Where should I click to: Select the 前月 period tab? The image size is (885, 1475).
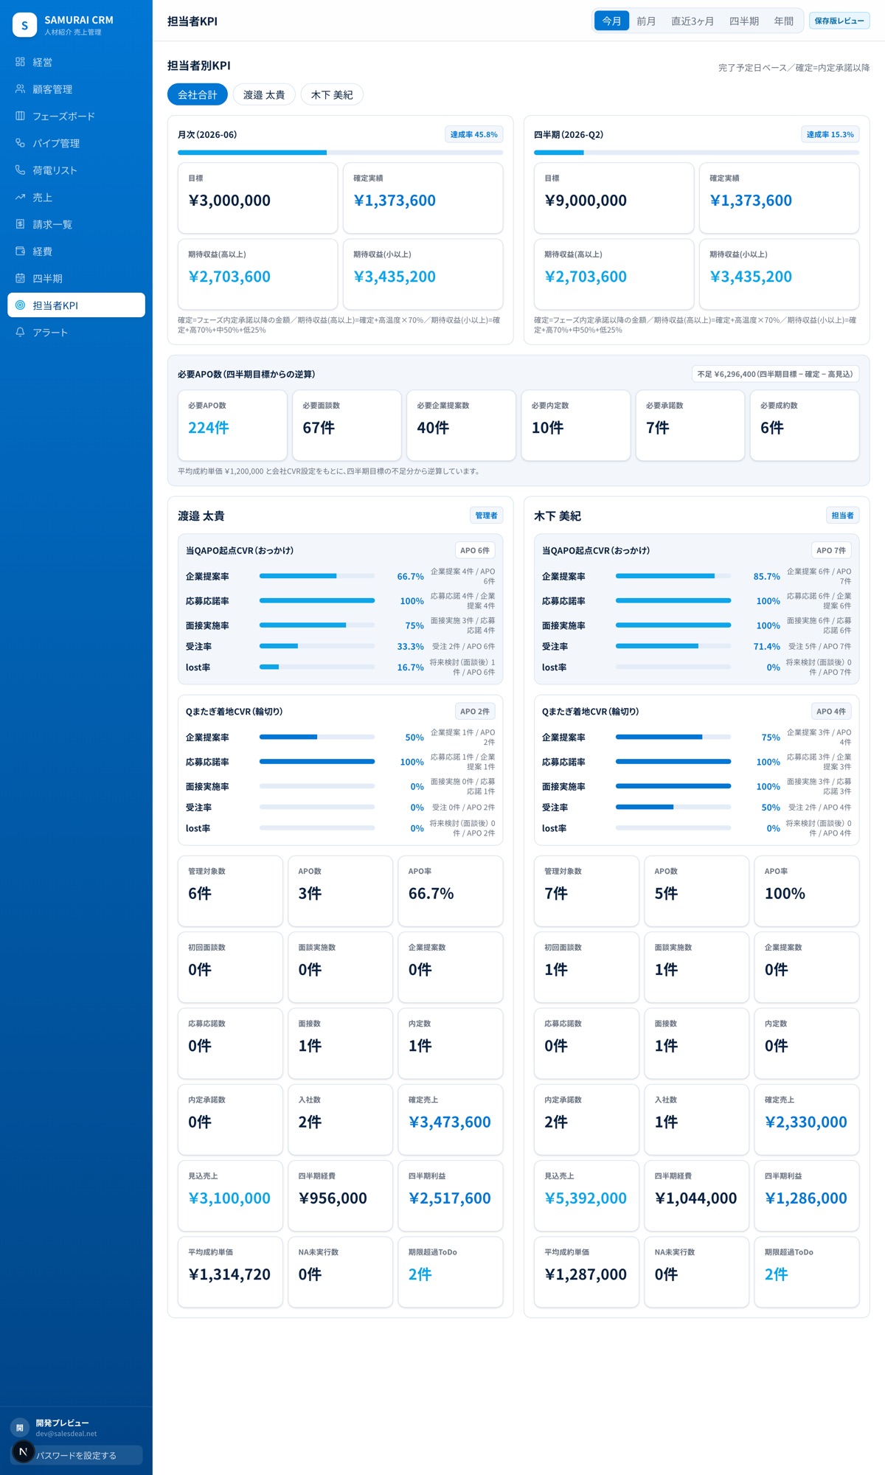646,21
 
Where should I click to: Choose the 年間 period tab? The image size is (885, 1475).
783,21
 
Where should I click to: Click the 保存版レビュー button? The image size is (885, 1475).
839,21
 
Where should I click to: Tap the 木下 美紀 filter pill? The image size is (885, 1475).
332,94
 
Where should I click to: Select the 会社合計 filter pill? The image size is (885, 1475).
198,94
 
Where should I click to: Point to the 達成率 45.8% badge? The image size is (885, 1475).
474,134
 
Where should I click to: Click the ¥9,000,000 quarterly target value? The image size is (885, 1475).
586,201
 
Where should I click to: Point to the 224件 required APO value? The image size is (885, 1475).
209,428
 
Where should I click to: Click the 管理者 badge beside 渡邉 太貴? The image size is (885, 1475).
486,516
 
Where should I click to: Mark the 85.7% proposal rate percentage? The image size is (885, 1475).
766,577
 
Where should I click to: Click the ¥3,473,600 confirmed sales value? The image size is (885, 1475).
450,1122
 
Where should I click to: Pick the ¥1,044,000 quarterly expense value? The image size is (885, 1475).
695,1198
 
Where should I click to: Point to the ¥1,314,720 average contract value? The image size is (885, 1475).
229,1274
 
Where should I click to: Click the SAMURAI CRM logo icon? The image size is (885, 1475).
24,25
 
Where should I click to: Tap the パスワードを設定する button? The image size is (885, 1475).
76,1455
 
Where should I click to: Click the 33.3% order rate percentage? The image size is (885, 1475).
410,647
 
